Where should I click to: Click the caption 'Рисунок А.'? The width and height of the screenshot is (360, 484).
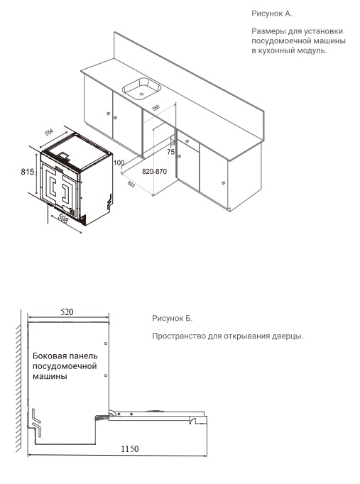(x=272, y=13)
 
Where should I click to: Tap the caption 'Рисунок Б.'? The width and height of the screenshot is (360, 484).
(x=173, y=319)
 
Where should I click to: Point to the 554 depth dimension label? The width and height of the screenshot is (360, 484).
(x=49, y=133)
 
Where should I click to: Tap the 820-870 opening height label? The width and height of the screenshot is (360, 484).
(x=154, y=172)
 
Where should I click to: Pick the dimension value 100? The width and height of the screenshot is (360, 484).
(x=119, y=163)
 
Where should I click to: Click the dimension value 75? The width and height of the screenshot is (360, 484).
(x=170, y=152)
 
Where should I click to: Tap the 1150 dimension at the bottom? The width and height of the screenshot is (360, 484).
(x=128, y=449)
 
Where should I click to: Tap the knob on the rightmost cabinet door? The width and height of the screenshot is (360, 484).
(x=224, y=182)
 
